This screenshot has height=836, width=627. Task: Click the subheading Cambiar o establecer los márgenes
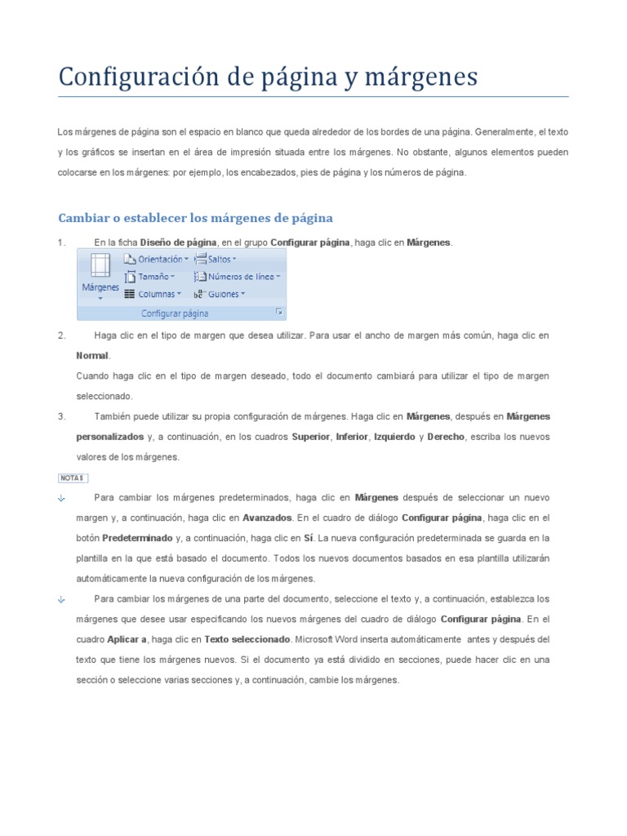(x=195, y=218)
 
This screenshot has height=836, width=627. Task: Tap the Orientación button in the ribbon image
(x=156, y=259)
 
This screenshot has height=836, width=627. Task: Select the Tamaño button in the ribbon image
(x=153, y=277)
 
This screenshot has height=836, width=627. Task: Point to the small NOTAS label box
(x=72, y=478)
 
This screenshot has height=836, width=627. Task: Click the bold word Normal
(x=91, y=356)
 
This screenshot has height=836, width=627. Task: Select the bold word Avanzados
(x=267, y=518)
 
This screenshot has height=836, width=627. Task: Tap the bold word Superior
(x=311, y=437)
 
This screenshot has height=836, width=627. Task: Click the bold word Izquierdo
(x=394, y=437)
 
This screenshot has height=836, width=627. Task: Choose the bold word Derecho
(x=445, y=437)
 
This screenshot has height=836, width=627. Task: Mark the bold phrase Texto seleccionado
(x=247, y=638)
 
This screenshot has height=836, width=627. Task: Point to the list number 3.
(x=60, y=416)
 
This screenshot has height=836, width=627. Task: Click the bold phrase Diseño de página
(x=178, y=242)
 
